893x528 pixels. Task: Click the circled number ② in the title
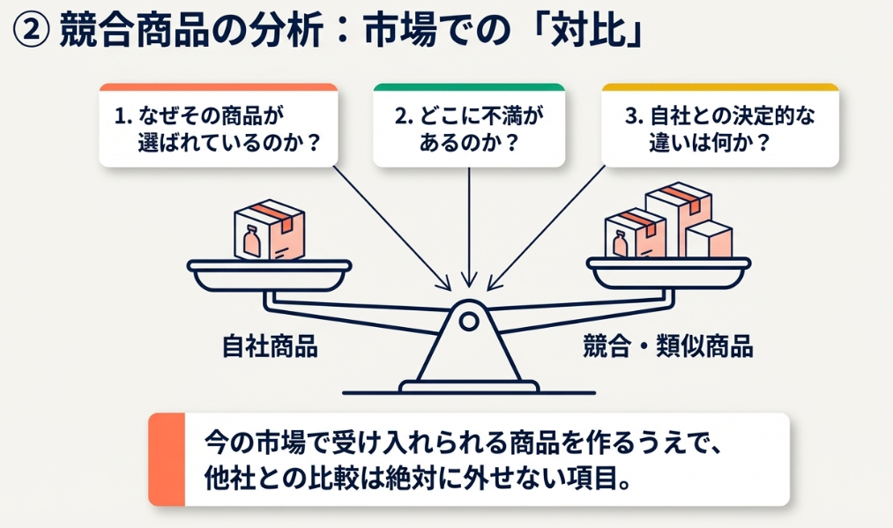coord(30,33)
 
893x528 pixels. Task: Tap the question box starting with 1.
coord(218,129)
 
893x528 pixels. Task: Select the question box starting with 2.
coord(468,129)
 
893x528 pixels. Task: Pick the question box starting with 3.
coord(720,129)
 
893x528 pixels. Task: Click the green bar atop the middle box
coord(468,87)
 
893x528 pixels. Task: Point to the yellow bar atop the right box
coord(720,87)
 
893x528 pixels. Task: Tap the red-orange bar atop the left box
coord(218,87)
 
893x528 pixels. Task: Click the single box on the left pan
coord(268,232)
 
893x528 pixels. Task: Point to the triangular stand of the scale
coord(468,353)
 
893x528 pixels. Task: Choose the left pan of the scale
coord(269,275)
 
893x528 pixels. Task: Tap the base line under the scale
coord(467,390)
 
